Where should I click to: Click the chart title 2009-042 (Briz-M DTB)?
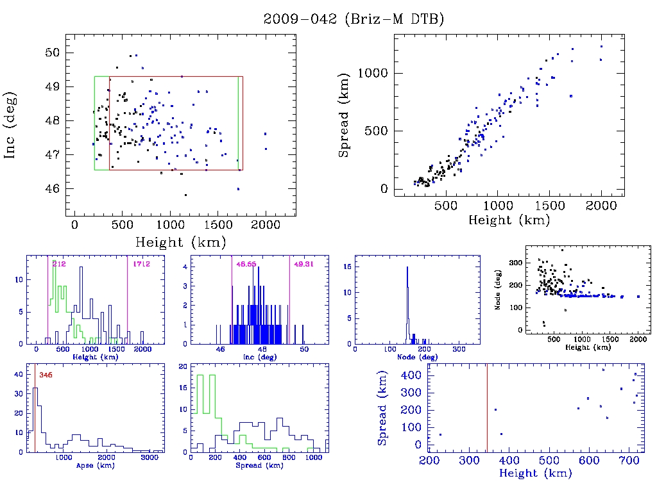point(354,19)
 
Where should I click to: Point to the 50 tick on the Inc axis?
point(53,53)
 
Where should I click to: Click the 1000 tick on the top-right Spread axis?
point(374,73)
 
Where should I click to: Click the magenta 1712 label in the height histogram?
point(141,264)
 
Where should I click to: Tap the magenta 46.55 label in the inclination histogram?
point(245,264)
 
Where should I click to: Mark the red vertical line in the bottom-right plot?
point(487,410)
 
